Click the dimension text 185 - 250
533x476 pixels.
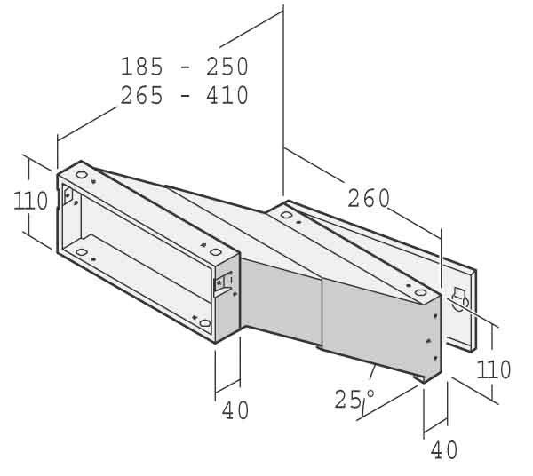(185, 67)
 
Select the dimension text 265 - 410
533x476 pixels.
(185, 95)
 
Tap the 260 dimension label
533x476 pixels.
(369, 198)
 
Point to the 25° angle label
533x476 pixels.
(354, 399)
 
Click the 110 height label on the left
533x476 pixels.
(30, 201)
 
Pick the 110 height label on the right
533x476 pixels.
(494, 369)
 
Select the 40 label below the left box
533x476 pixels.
(235, 410)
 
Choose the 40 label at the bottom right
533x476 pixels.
(444, 450)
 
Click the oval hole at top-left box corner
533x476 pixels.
(81, 175)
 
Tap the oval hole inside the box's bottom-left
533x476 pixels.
(81, 252)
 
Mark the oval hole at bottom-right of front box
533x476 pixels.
(205, 323)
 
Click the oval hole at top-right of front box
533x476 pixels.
(216, 252)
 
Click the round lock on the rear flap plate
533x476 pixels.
(459, 299)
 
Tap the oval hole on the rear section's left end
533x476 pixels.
(286, 215)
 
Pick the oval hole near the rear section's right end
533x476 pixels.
(420, 292)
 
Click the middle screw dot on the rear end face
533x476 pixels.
(429, 340)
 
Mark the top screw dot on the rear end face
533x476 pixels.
(435, 316)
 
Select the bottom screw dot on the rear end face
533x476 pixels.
(435, 358)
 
